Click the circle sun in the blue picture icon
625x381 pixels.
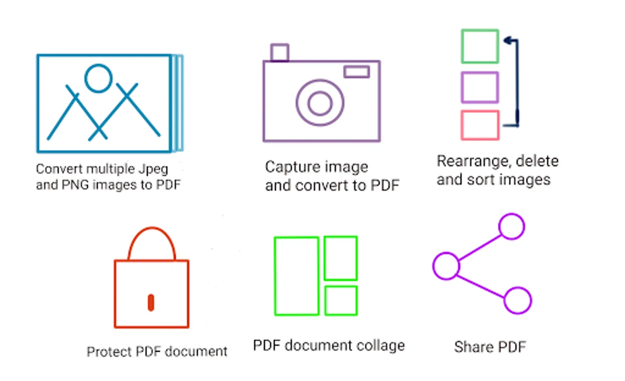pos(99,66)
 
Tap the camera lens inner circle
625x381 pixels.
pos(320,92)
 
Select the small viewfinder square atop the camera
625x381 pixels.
pos(280,44)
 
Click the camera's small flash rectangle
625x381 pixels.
pos(357,67)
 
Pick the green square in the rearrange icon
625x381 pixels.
pos(480,30)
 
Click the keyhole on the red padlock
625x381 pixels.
pos(151,303)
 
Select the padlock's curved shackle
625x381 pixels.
pos(152,228)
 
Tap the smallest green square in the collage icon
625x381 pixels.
pos(341,287)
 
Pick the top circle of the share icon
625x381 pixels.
pos(512,214)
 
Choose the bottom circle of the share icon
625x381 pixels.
pos(518,288)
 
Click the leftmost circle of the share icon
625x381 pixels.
pos(446,253)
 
